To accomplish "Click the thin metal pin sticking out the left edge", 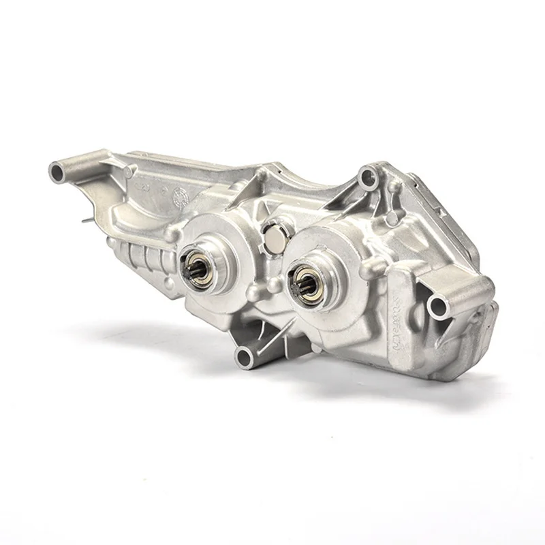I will pos(84,219).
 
